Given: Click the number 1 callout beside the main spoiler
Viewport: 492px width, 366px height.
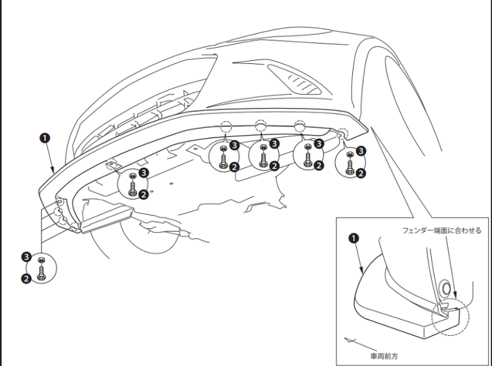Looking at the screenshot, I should [44, 138].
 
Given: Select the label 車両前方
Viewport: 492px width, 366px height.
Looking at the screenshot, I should [383, 355].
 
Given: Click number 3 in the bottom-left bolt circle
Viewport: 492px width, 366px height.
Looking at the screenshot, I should [27, 257].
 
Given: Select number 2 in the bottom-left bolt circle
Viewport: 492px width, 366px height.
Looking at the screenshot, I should [27, 278].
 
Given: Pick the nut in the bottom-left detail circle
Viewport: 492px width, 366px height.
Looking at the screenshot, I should [41, 260].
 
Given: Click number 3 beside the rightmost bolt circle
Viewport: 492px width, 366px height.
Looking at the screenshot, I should [361, 151].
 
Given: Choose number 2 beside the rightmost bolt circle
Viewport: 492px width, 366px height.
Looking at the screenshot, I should [361, 173].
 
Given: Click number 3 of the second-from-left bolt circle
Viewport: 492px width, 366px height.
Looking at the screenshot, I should [234, 145].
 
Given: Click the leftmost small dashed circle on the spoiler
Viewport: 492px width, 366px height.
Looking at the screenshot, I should [111, 164].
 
